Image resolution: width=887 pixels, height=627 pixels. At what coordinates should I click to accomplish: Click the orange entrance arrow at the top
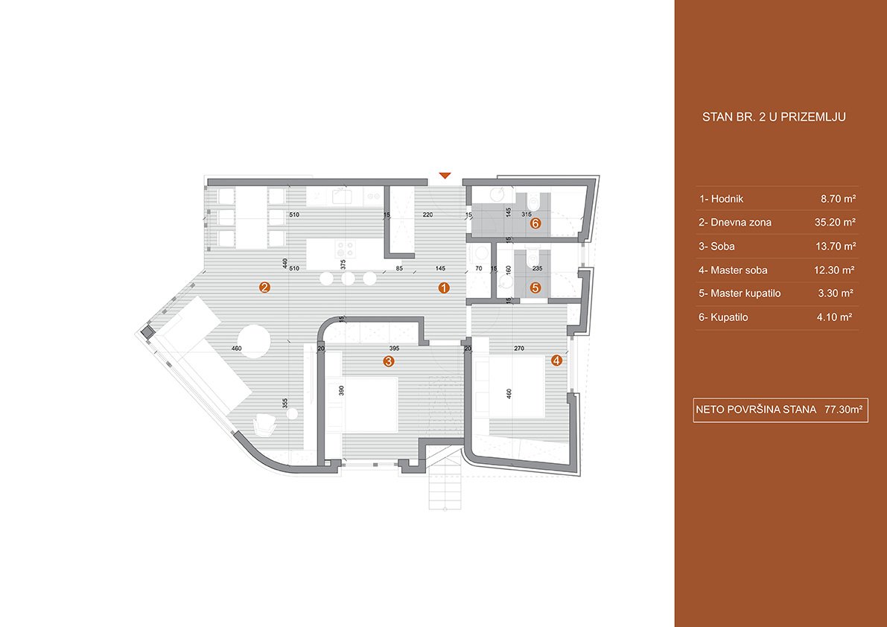(445, 175)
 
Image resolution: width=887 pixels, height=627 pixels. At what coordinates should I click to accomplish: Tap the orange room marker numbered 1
(444, 287)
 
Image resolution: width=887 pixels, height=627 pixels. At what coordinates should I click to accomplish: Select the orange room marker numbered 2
(264, 287)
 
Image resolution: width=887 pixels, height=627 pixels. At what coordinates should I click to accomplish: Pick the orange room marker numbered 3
(389, 361)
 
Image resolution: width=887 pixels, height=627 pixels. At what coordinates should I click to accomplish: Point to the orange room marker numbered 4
(556, 360)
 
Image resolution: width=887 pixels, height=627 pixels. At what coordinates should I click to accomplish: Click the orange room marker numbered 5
(535, 287)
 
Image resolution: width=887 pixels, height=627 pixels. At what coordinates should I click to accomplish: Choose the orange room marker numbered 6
(535, 223)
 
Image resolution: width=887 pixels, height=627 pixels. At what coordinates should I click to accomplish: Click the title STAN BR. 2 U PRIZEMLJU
(774, 117)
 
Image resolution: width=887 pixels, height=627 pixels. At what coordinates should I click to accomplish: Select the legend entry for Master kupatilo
(740, 293)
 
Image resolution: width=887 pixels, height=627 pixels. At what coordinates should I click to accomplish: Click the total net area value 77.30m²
(844, 410)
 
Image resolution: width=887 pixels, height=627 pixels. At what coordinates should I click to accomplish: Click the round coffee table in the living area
(253, 341)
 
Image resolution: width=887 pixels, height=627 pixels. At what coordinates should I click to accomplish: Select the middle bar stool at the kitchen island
(348, 279)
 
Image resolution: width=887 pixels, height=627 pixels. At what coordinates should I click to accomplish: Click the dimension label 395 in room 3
(394, 348)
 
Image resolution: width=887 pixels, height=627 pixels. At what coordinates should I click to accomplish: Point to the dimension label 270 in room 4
(519, 348)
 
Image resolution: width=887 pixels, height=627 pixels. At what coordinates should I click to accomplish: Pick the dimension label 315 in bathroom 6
(526, 214)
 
